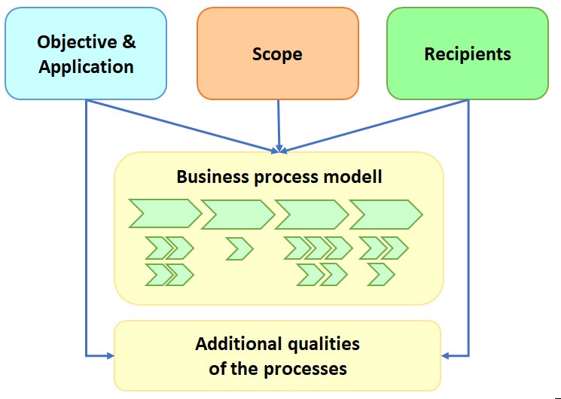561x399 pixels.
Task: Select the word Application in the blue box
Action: pyautogui.click(x=86, y=66)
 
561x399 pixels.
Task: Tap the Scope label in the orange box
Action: pyautogui.click(x=277, y=54)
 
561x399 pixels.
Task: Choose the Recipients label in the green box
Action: pyautogui.click(x=467, y=54)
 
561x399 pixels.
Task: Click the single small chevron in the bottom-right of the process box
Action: pyautogui.click(x=381, y=275)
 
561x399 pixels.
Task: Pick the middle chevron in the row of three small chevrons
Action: pyautogui.click(x=318, y=248)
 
